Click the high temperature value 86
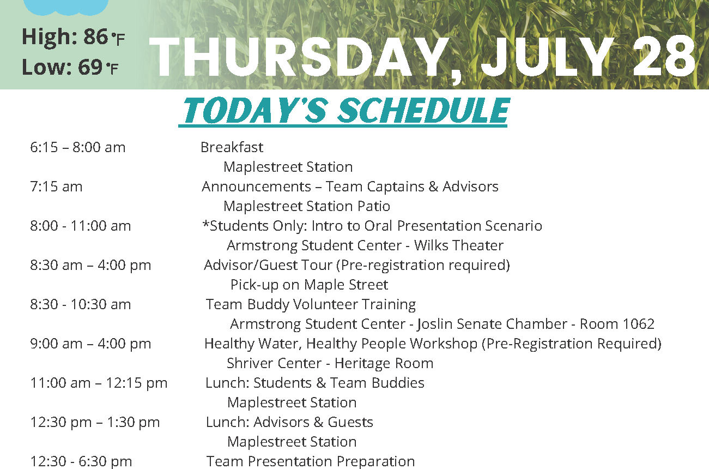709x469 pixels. pyautogui.click(x=95, y=37)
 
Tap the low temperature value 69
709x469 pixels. pyautogui.click(x=90, y=67)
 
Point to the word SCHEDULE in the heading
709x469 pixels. pyautogui.click(x=422, y=110)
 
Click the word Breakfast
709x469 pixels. pyautogui.click(x=232, y=147)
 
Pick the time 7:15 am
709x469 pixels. pyautogui.click(x=56, y=187)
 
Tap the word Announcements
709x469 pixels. pyautogui.click(x=256, y=187)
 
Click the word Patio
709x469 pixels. pyautogui.click(x=373, y=206)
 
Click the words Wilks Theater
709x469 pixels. pyautogui.click(x=459, y=245)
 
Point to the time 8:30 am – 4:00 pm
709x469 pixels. pyautogui.click(x=90, y=266)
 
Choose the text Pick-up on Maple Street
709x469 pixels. pyautogui.click(x=309, y=285)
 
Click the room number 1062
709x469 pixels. pyautogui.click(x=638, y=324)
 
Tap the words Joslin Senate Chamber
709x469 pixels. pyautogui.click(x=492, y=324)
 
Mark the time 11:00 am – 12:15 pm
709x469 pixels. pyautogui.click(x=99, y=383)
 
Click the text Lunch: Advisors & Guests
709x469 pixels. pyautogui.click(x=289, y=423)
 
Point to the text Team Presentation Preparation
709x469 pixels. pyautogui.click(x=311, y=461)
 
